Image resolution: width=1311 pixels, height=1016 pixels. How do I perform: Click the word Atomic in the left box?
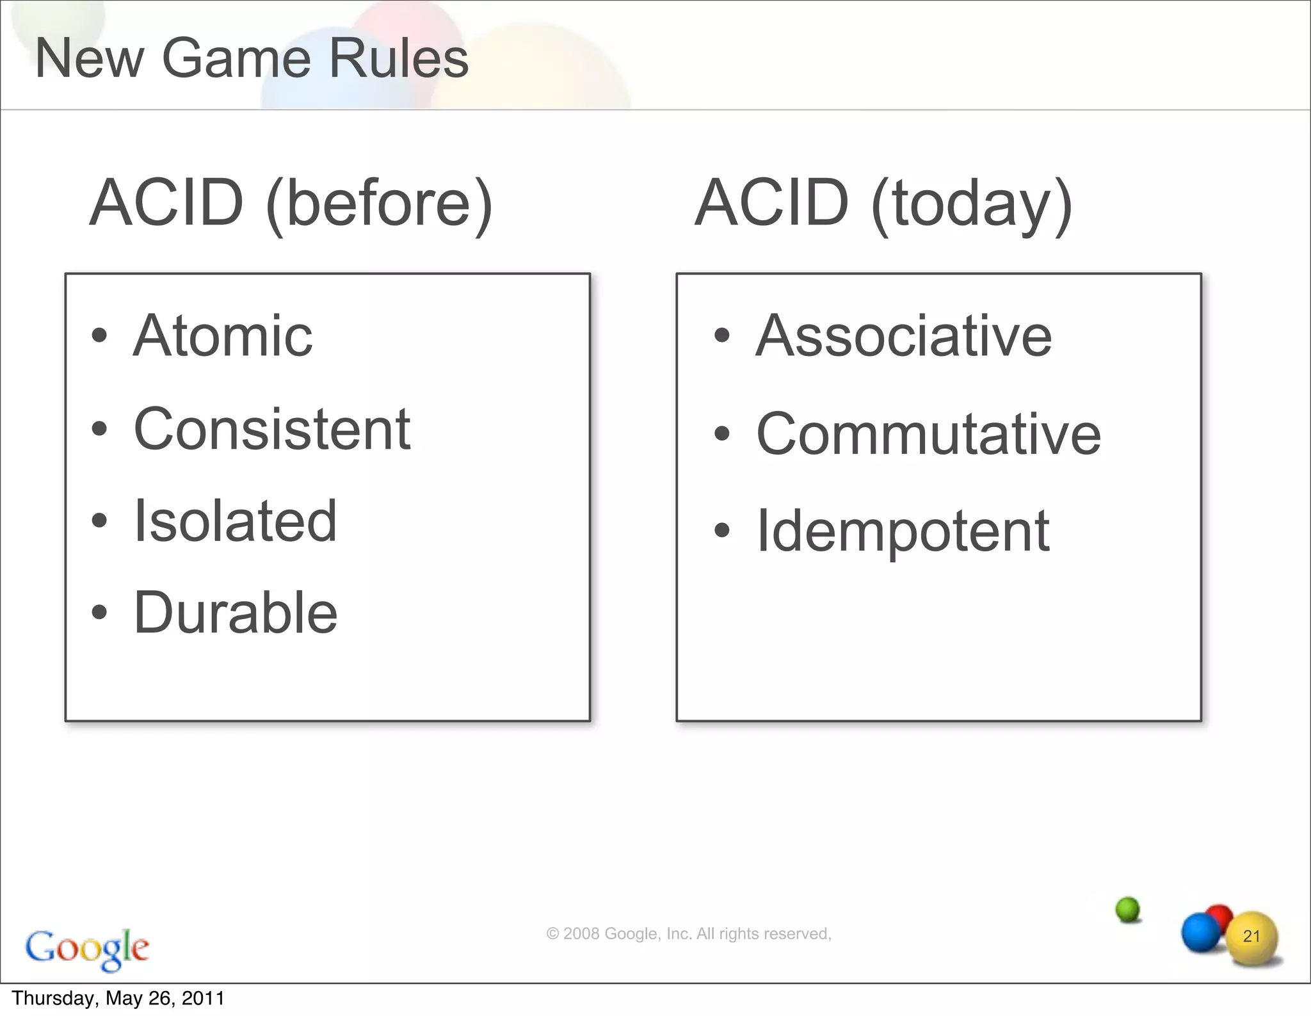click(x=223, y=336)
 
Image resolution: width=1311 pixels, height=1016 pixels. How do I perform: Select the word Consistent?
click(x=272, y=429)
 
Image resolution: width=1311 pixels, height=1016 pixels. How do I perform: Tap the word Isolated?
click(x=235, y=521)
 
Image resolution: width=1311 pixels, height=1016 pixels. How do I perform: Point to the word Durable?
click(x=236, y=613)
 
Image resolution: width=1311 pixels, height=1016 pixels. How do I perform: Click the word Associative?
click(x=904, y=336)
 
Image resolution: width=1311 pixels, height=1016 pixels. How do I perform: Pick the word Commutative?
click(x=928, y=434)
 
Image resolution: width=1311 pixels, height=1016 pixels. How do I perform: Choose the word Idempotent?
click(x=903, y=531)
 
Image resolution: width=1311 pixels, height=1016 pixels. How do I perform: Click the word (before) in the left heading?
click(x=379, y=204)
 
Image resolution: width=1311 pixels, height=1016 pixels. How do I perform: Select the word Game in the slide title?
click(x=236, y=59)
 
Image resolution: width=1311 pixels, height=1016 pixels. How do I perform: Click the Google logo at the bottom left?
click(x=87, y=949)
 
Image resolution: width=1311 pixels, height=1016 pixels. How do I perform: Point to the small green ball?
click(x=1128, y=909)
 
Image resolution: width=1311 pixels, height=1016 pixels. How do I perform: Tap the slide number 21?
click(x=1251, y=937)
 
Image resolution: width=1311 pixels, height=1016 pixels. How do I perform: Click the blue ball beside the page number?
click(x=1200, y=932)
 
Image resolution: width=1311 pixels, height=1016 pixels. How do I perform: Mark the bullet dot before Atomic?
click(x=99, y=335)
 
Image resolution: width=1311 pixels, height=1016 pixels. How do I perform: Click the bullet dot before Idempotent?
click(x=721, y=530)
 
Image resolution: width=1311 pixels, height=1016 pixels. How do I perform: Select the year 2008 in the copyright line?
click(x=581, y=934)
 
